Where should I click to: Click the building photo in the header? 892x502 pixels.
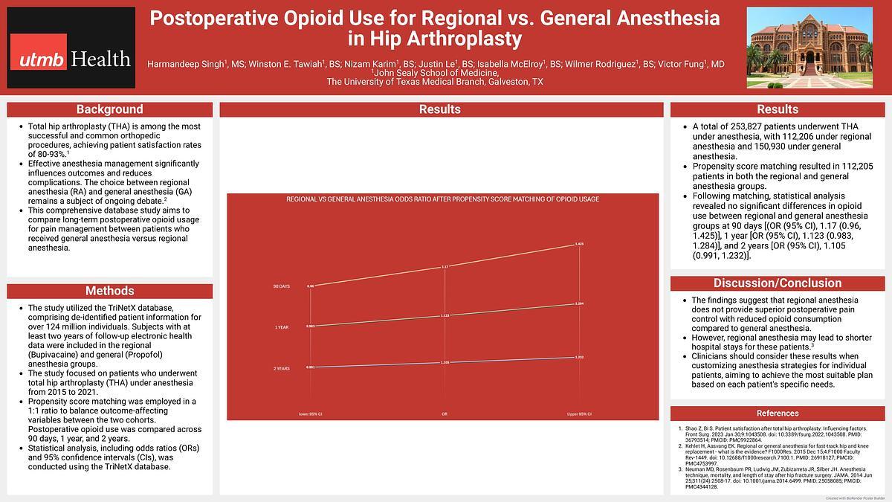(x=809, y=47)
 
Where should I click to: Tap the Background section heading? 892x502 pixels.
(x=109, y=109)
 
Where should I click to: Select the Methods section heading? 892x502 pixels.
(x=109, y=291)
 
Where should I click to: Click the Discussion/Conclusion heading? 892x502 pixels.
(x=778, y=283)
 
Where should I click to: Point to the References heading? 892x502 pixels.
(x=778, y=413)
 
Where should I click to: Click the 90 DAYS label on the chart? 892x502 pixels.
(x=282, y=286)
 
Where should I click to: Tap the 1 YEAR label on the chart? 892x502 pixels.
(x=282, y=327)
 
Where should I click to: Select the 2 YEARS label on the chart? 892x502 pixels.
(x=282, y=368)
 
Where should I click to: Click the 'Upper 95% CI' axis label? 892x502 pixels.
(x=579, y=413)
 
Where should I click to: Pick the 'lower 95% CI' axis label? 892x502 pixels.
(x=310, y=413)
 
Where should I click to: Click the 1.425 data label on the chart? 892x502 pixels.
(x=579, y=244)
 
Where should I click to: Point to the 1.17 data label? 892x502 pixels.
(x=445, y=266)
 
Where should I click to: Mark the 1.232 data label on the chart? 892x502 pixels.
(x=579, y=358)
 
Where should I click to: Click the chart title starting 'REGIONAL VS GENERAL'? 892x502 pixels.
(x=444, y=199)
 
